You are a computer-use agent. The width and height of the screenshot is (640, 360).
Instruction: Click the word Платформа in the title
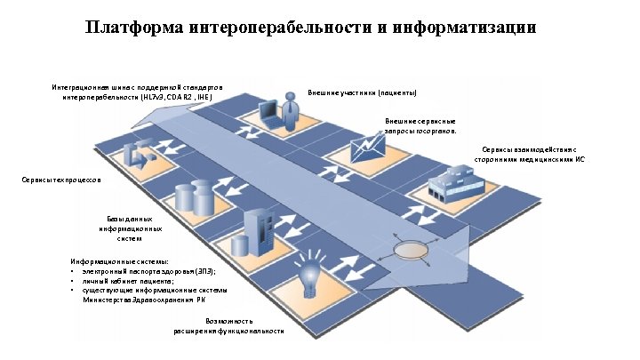134,28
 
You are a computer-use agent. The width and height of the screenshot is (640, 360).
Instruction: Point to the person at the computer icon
280,108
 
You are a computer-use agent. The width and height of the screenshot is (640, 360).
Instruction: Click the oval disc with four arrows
409,250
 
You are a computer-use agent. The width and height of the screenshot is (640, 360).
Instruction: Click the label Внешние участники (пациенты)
362,92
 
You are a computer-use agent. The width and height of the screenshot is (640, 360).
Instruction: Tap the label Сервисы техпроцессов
61,180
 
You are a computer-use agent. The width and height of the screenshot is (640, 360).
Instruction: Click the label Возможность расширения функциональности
229,325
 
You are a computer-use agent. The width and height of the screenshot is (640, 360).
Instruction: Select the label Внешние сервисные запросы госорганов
420,124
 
